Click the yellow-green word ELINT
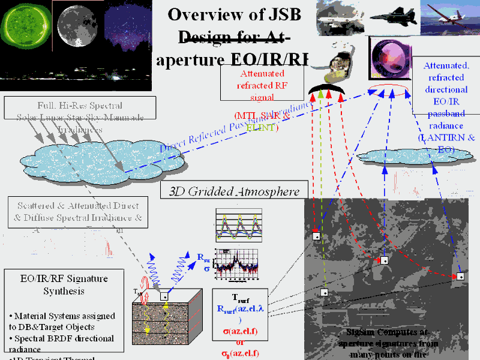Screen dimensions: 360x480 tap(263, 127)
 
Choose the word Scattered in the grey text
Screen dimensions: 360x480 tap(36, 203)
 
